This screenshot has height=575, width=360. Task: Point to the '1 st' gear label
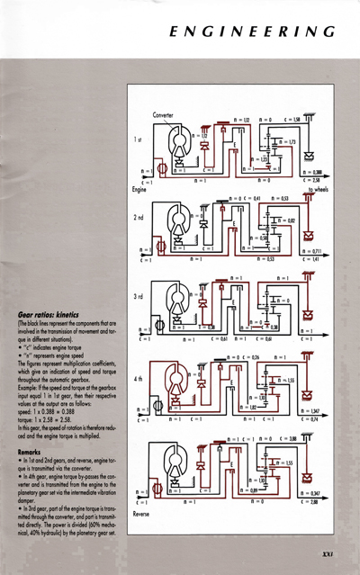point(138,140)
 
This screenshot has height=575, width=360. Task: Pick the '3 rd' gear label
point(138,298)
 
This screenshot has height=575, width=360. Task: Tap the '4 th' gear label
point(138,381)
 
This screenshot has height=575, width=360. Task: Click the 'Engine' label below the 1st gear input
point(139,191)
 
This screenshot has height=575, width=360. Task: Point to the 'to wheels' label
point(318,191)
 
